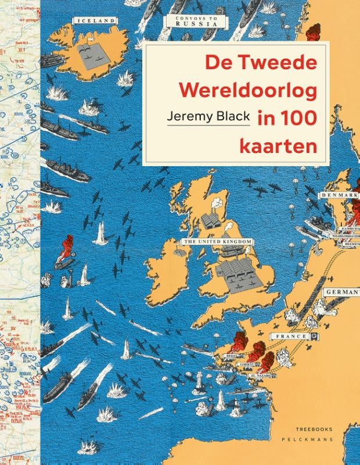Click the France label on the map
click(x=290, y=337)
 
